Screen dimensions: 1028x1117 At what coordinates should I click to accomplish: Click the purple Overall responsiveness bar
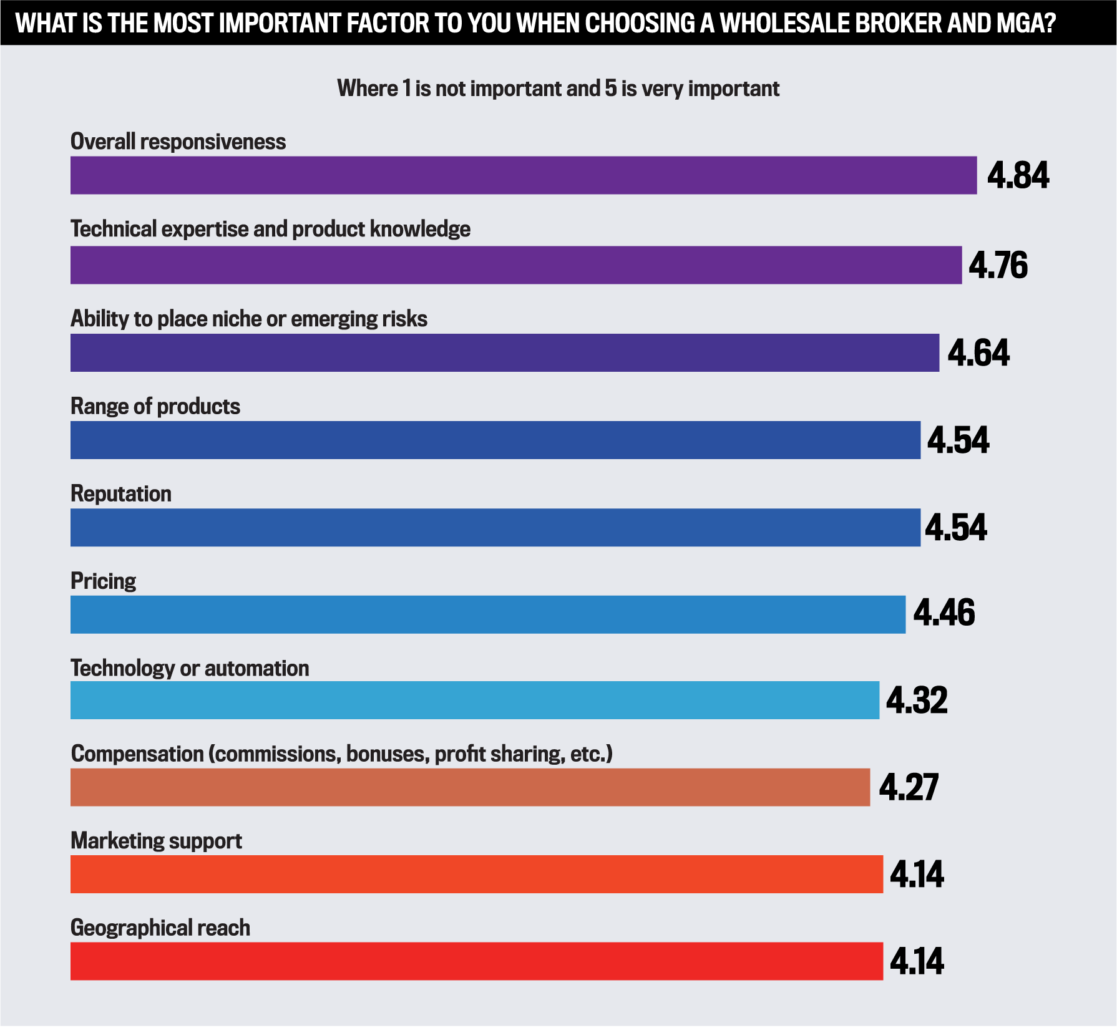(x=523, y=175)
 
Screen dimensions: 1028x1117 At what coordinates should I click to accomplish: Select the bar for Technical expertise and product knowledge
(x=515, y=265)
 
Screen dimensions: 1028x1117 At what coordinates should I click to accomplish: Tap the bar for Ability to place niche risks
(x=504, y=352)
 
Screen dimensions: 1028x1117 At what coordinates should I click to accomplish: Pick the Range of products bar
(x=495, y=440)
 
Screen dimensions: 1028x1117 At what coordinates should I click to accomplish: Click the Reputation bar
(x=495, y=528)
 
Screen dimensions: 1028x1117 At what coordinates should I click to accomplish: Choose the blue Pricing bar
(x=487, y=614)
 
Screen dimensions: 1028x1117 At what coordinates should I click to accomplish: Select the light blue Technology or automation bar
(x=474, y=700)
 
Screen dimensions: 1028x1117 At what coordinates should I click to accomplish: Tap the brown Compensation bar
(x=469, y=787)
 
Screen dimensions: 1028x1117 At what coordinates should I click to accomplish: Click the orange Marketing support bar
(x=476, y=874)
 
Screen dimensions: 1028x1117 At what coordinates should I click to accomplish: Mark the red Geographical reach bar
(x=476, y=961)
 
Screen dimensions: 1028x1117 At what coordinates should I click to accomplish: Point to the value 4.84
(x=1018, y=175)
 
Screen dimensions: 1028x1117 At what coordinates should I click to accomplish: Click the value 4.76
(x=997, y=265)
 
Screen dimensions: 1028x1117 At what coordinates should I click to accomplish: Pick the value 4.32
(x=917, y=700)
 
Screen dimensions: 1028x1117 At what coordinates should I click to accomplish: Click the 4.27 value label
(x=908, y=787)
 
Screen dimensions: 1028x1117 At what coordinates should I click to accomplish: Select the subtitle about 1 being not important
(x=558, y=89)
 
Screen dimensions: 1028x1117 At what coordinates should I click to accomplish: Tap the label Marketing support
(x=156, y=841)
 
